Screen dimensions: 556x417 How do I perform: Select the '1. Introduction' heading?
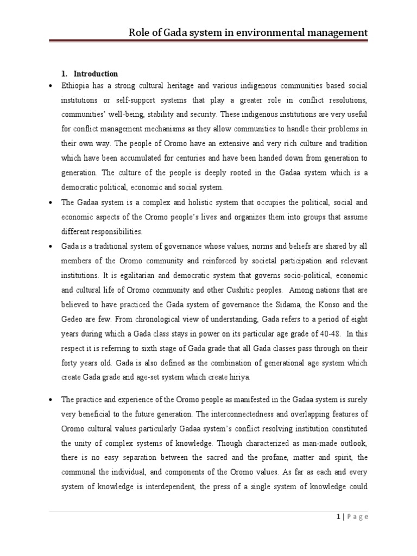tap(90, 74)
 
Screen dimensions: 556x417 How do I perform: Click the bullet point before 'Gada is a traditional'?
tap(50, 246)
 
